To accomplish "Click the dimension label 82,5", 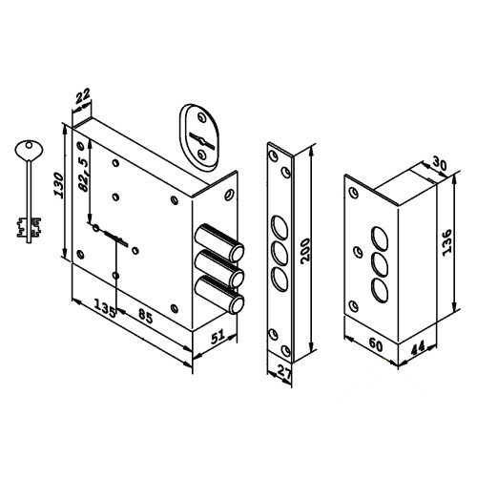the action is tap(84, 175).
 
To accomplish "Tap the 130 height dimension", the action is tap(59, 185).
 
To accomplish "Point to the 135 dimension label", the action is tap(105, 309).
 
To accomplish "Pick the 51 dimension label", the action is tap(218, 337).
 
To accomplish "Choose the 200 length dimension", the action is tap(305, 250).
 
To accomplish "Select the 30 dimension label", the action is tap(439, 165).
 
